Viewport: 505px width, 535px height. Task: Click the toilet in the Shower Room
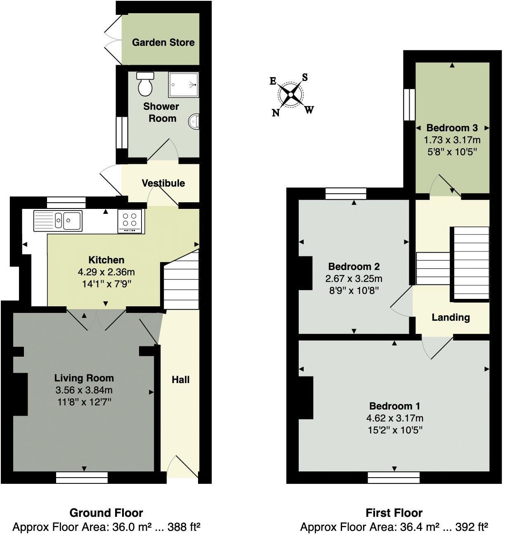(145, 84)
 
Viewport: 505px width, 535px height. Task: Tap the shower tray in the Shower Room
(183, 85)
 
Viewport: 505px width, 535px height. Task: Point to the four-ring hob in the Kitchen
(130, 220)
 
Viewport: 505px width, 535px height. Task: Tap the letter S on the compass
(305, 77)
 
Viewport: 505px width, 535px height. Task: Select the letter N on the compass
(276, 113)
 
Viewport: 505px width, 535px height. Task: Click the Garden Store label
(163, 42)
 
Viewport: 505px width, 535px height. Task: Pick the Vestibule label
(163, 183)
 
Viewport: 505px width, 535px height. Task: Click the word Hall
(181, 380)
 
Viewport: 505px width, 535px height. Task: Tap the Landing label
(451, 317)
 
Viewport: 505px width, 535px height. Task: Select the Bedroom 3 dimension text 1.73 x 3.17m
(452, 140)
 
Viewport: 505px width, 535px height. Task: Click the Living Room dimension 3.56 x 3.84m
(84, 390)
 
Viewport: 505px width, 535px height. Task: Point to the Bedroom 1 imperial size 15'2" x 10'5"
(395, 430)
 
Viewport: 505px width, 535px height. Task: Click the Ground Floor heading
(106, 513)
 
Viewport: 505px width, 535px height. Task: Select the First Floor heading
(394, 513)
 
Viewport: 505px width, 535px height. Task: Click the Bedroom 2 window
(346, 193)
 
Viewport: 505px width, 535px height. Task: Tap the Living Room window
(82, 478)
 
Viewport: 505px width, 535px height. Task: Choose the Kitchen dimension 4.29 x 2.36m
(106, 272)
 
